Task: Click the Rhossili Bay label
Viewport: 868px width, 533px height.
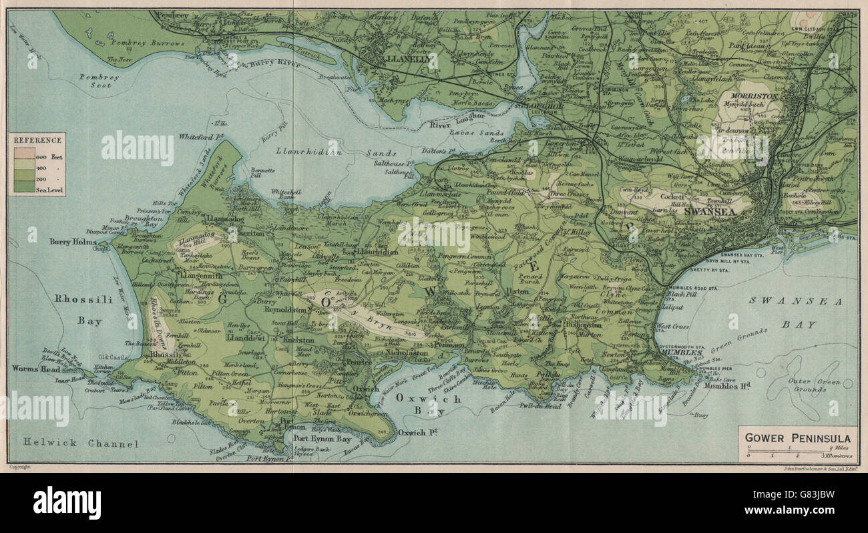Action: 79,310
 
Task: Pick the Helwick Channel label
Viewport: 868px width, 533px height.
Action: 81,443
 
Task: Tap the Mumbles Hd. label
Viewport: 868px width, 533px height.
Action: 723,386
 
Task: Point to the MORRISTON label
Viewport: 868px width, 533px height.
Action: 756,97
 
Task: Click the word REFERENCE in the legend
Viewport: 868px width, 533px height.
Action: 37,140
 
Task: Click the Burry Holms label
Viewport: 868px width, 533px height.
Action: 73,241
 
